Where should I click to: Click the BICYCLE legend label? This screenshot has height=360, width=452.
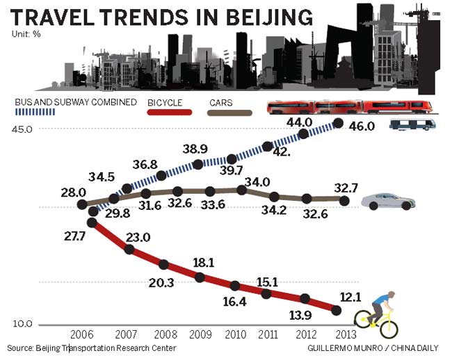point(165,102)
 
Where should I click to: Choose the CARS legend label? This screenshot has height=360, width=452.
point(220,102)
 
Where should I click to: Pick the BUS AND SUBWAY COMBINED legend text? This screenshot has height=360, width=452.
point(75,102)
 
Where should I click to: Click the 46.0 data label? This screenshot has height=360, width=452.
point(362,126)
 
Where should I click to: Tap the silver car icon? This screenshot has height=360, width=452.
point(389,201)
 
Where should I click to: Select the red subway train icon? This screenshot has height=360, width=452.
point(350,106)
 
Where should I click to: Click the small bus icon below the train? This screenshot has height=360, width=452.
point(412,125)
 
